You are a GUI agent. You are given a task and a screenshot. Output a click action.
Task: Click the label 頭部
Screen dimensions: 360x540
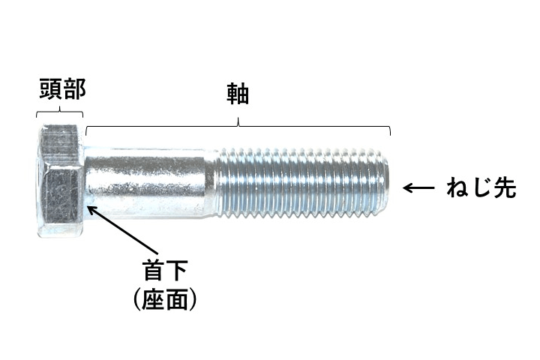coord(62,90)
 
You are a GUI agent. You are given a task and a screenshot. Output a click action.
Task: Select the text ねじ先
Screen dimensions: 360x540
coord(481,188)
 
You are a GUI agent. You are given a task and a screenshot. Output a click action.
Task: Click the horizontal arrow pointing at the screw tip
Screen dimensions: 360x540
coord(421,188)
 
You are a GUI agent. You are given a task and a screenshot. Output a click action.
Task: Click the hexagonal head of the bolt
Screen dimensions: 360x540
coord(60,181)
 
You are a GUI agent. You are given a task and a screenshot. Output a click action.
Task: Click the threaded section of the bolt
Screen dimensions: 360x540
coord(300,181)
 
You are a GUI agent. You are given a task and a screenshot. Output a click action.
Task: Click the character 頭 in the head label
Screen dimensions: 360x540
coord(50,90)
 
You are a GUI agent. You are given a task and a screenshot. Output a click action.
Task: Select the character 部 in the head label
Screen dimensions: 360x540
coord(74,90)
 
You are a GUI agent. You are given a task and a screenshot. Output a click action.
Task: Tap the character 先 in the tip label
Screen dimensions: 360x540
coord(505,188)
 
